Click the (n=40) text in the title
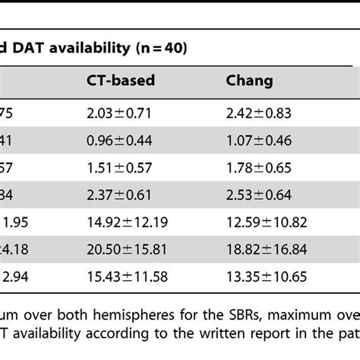[x=169, y=49]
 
